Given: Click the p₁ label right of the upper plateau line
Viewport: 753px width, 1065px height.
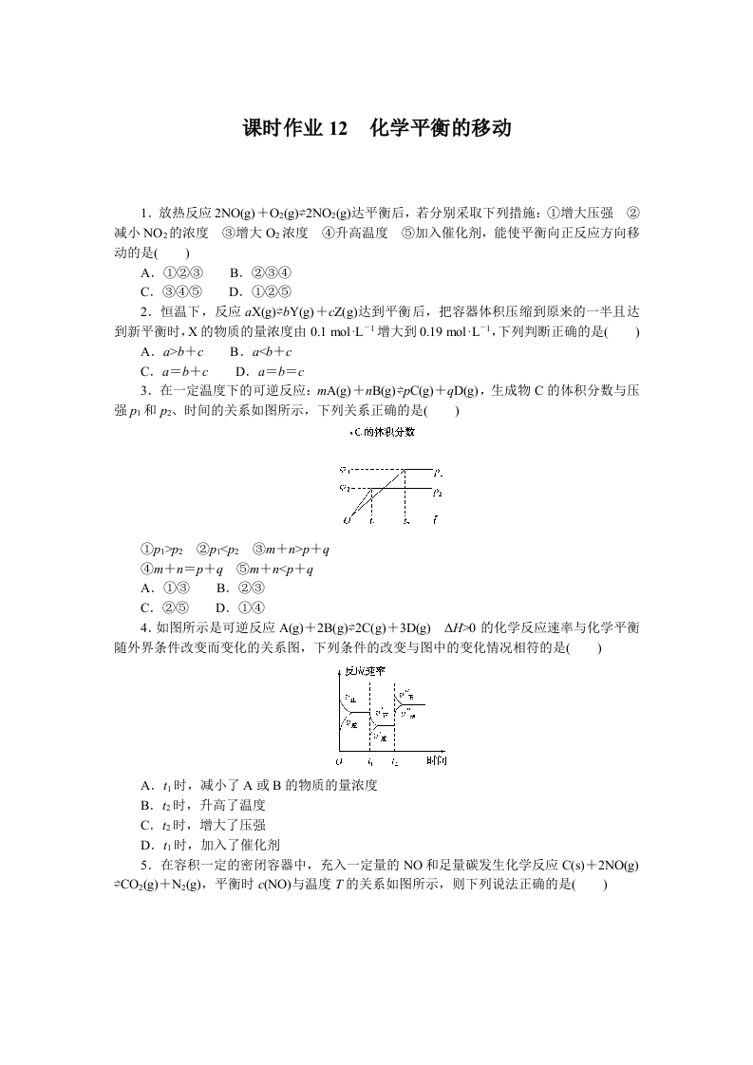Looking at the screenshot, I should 437,471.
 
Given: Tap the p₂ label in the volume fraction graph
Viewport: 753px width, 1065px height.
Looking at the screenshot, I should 437,493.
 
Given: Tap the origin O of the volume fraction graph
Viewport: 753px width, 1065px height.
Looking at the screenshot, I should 348,521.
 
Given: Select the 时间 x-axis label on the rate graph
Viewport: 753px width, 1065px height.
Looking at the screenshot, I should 437,761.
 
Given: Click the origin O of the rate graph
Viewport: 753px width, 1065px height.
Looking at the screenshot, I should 340,761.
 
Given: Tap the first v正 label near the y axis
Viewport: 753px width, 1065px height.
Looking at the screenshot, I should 350,698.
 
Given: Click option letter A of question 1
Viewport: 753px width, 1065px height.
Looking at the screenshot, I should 145,272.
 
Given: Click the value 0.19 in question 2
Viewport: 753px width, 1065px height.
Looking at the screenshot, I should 398,331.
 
